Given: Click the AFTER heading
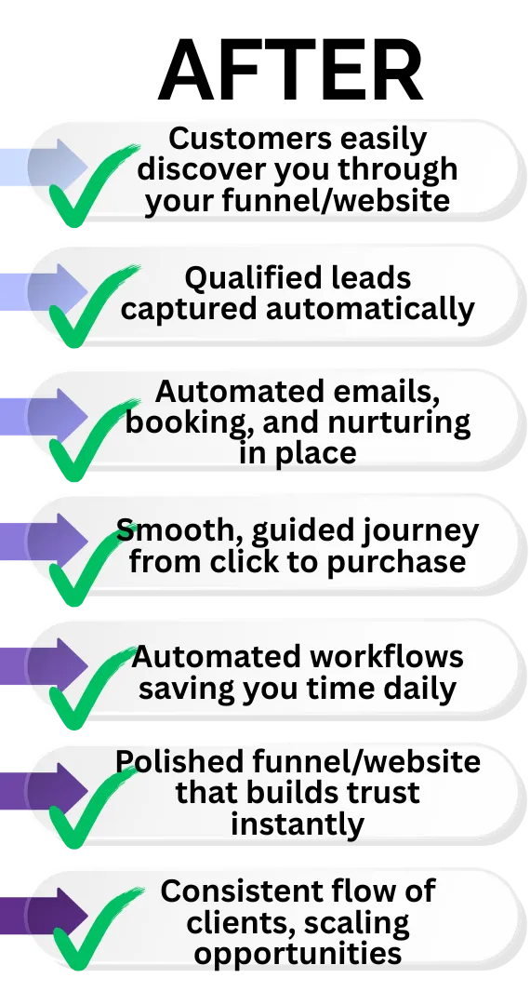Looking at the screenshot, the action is click(290, 70).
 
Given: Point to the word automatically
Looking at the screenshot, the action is click(370, 309).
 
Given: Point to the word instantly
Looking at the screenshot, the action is click(298, 824).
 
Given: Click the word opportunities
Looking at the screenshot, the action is click(298, 953).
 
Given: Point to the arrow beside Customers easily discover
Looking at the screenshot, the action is click(44, 167).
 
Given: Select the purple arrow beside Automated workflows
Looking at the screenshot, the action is click(44, 666).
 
